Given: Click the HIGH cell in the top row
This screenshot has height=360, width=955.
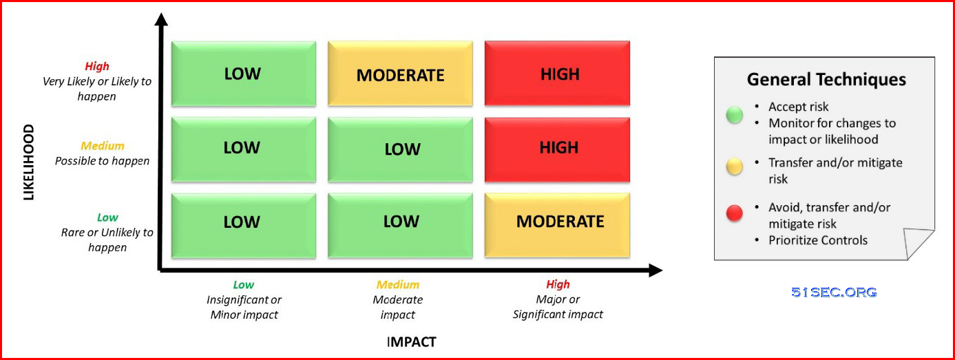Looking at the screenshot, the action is click(x=557, y=73).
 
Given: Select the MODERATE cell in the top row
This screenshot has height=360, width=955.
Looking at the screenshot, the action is click(x=400, y=73).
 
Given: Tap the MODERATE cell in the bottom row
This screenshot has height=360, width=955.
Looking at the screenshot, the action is click(x=557, y=225).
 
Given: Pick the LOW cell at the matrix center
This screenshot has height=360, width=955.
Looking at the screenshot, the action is click(x=400, y=150).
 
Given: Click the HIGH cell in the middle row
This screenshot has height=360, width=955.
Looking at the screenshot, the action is click(x=557, y=150).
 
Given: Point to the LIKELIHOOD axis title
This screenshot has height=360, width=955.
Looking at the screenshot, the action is click(x=28, y=162).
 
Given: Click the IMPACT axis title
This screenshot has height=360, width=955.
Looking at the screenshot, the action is click(x=412, y=341).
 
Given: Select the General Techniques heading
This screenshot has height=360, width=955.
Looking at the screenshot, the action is click(x=826, y=80).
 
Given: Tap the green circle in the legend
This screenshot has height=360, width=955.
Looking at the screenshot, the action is click(x=735, y=115).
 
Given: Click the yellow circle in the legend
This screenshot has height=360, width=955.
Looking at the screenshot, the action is click(x=735, y=167).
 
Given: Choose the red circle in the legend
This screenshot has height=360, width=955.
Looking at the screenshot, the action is click(x=735, y=213).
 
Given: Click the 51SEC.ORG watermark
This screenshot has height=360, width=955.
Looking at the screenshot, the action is click(x=834, y=293).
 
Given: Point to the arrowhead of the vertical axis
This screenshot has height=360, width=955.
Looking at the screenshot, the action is click(x=161, y=19).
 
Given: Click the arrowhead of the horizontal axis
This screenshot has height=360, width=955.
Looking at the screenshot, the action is click(x=655, y=270).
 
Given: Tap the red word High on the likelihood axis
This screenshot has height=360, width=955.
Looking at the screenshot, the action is click(x=97, y=67).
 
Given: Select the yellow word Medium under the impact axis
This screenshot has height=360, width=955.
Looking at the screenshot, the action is click(x=398, y=284).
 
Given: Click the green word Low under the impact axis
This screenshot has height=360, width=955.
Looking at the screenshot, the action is click(x=244, y=284).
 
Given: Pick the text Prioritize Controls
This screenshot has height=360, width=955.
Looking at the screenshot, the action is click(x=818, y=240).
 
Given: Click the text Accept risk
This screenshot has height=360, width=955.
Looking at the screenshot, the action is click(x=798, y=107).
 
